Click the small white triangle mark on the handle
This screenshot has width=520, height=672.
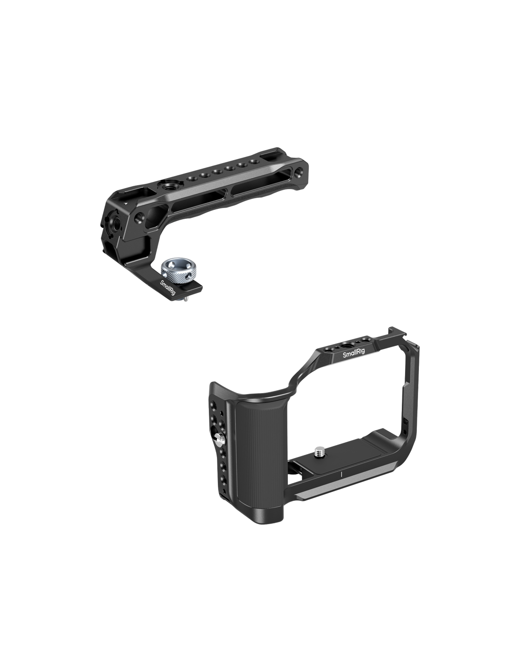pos(125,204)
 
